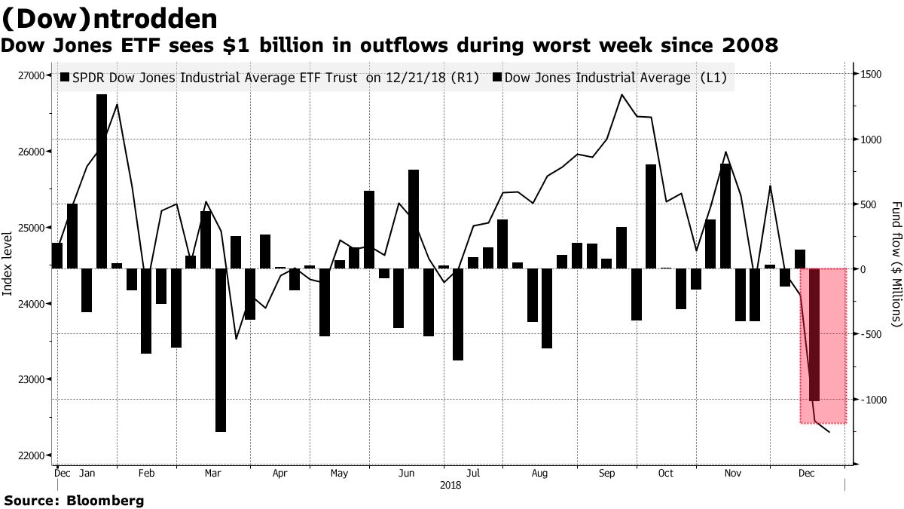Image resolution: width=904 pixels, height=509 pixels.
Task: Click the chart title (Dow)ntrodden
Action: pos(110,18)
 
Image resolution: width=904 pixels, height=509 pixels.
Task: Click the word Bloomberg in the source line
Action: pos(105,500)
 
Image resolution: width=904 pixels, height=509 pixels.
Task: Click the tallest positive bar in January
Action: pos(102,181)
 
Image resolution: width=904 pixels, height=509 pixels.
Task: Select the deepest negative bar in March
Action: pos(220,350)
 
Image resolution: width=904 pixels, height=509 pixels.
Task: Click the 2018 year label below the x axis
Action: pos(450,486)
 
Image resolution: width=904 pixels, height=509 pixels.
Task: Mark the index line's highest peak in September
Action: pos(621,95)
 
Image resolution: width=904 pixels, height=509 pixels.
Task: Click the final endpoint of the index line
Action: pos(829,432)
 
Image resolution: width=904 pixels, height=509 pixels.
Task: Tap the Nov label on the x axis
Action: pos(731,474)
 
